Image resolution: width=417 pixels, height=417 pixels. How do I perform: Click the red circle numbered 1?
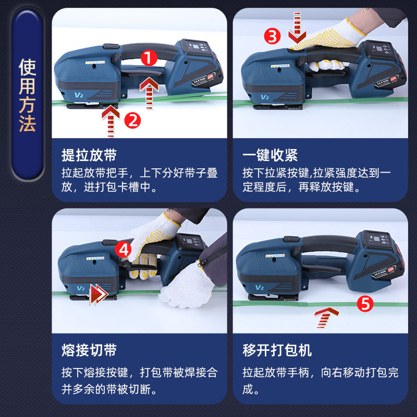pyautogui.click(x=149, y=58)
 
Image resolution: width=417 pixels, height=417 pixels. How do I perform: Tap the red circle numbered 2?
pyautogui.click(x=132, y=120)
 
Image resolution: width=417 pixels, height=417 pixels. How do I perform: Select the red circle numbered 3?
pyautogui.click(x=272, y=36)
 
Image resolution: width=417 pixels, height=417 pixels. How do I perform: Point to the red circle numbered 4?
pyautogui.click(x=123, y=250)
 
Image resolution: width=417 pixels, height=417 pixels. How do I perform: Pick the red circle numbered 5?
pyautogui.click(x=365, y=304)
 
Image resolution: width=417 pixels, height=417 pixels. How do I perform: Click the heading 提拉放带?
pyautogui.click(x=89, y=155)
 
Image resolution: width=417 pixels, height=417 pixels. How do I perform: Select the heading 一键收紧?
pyautogui.click(x=270, y=155)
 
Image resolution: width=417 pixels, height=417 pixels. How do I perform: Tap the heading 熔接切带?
pyautogui.click(x=89, y=350)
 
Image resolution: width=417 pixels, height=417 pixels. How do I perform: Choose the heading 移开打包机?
pyautogui.click(x=277, y=350)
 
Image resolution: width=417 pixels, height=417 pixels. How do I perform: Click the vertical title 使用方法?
pyautogui.click(x=27, y=95)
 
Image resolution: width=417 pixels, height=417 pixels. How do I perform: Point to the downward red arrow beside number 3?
pyautogui.click(x=297, y=28)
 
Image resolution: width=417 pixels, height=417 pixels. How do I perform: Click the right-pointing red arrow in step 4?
pyautogui.click(x=99, y=294)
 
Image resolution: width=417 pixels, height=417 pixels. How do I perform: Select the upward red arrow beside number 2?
pyautogui.click(x=111, y=121)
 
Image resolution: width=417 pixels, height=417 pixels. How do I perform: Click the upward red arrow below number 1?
pyautogui.click(x=149, y=93)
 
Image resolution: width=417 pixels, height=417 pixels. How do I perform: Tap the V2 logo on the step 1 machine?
pyautogui.click(x=79, y=95)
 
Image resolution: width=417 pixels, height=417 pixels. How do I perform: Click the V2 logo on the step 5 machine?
pyautogui.click(x=259, y=288)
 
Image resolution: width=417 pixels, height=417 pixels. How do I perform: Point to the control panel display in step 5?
pyautogui.click(x=377, y=239)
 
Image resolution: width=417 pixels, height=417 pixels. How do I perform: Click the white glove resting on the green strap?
pyautogui.click(x=186, y=286)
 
